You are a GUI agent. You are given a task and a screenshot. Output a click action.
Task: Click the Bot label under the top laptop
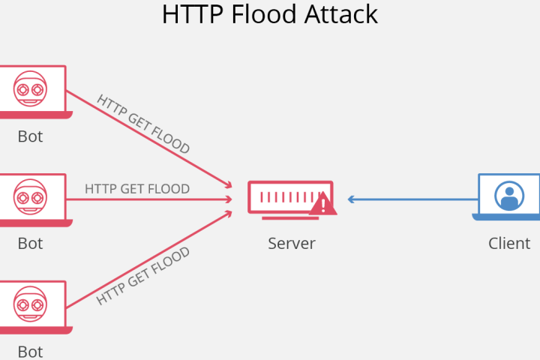coord(30,136)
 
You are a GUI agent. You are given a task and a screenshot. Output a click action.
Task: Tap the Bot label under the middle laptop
coord(30,243)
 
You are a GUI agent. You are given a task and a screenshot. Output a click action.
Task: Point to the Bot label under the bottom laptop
coord(30,351)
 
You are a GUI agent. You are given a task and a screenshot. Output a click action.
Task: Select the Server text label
coord(292,243)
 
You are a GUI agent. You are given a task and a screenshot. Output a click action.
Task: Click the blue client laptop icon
coord(509,197)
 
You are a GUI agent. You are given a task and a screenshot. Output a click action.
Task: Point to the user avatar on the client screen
coord(510,196)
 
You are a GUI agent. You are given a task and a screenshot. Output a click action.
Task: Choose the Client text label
coord(509,243)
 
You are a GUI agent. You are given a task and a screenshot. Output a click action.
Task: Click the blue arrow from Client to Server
coord(412,199)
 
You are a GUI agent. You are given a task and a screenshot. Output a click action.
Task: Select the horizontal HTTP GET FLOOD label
coord(137,189)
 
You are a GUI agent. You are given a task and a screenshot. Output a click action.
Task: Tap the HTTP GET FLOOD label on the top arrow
coord(143,124)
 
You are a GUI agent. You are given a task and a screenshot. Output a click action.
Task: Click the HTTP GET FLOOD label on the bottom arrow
coord(143,276)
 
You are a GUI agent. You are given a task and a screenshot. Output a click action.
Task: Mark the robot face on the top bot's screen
coord(31,89)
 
